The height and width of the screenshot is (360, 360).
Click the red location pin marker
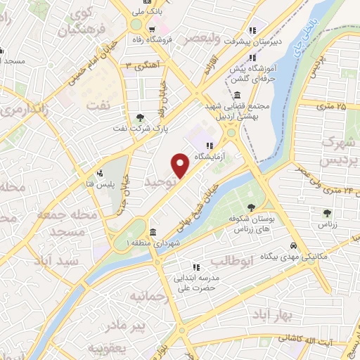tap(181, 165)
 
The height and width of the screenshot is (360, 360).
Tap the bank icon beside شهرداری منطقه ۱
tap(153, 232)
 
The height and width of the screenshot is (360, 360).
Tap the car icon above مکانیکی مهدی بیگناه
tap(297, 245)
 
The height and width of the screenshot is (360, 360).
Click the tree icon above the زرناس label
tap(326, 212)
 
